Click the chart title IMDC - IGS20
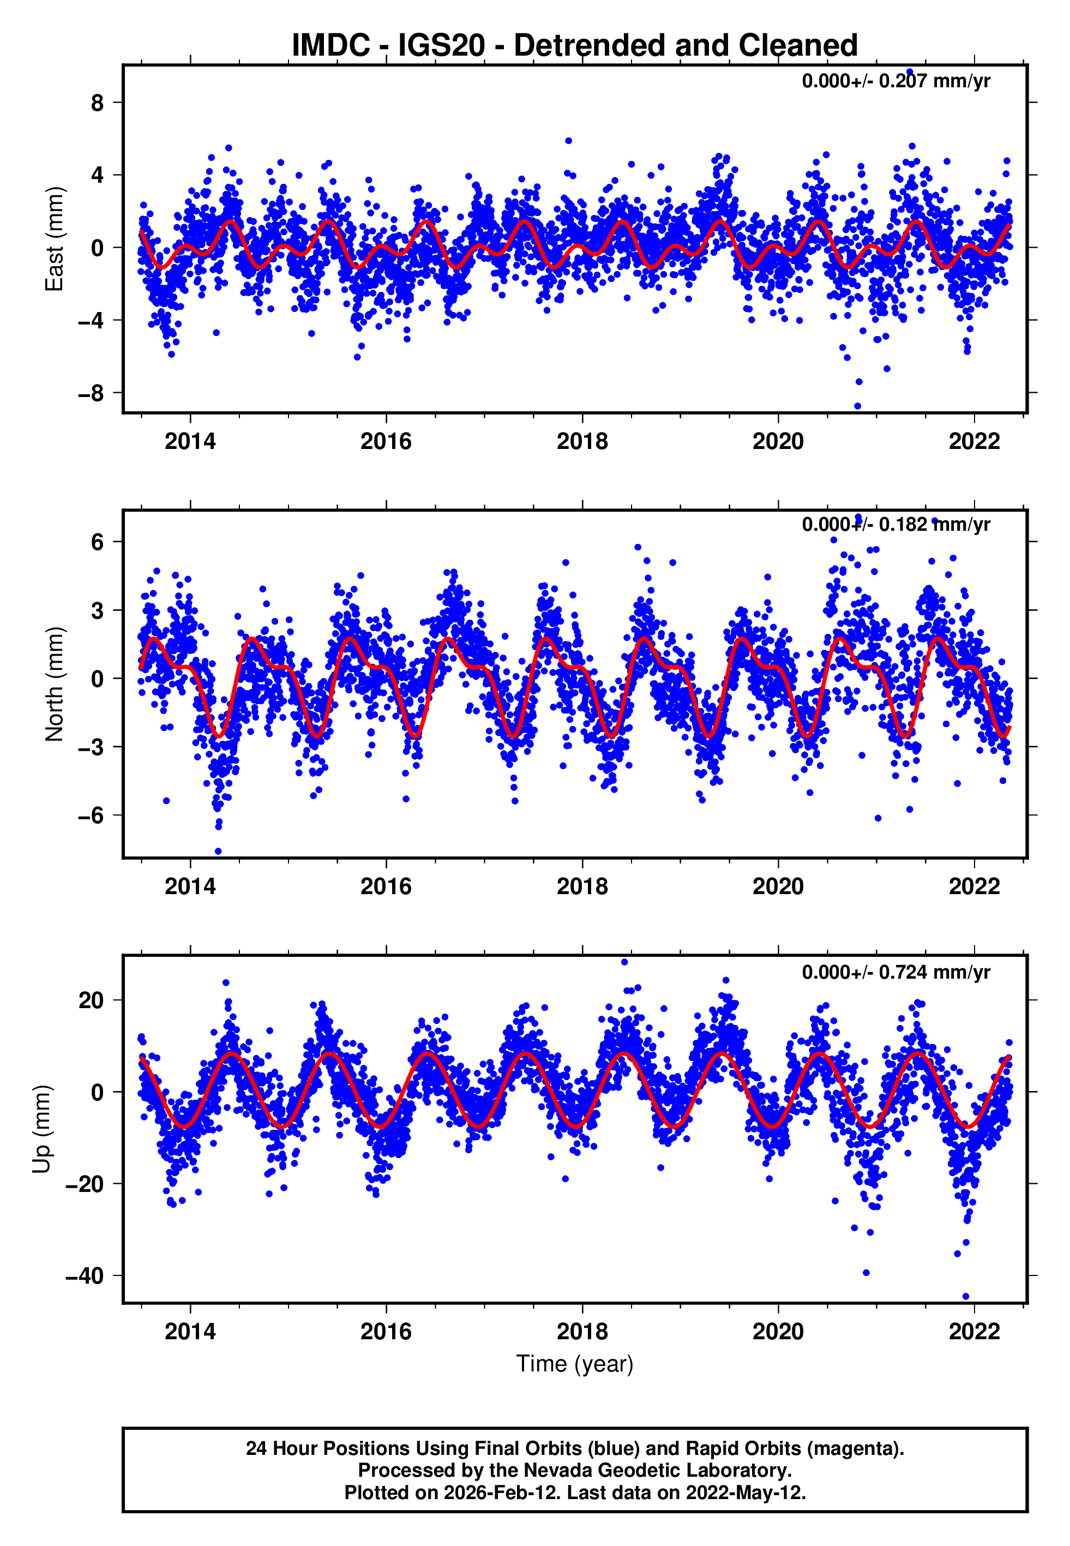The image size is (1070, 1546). click(575, 46)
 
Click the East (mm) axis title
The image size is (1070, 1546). click(53, 239)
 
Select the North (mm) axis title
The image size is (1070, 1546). click(53, 684)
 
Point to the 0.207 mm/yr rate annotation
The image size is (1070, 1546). click(895, 81)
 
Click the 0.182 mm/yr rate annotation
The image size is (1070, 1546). click(895, 524)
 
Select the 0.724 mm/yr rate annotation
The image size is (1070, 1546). click(895, 972)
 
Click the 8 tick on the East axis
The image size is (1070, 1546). click(98, 103)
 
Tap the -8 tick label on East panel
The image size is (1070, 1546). click(91, 393)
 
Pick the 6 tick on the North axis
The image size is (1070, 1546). click(98, 542)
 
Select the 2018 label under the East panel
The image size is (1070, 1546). click(582, 441)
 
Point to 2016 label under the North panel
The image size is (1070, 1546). click(386, 886)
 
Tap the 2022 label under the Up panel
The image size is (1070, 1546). click(974, 1332)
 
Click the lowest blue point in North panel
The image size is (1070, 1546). click(218, 852)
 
